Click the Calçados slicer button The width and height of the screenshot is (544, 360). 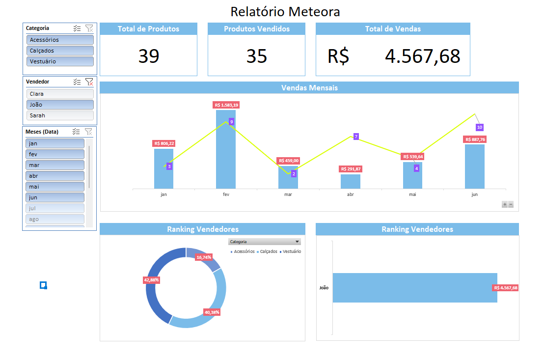click(x=60, y=51)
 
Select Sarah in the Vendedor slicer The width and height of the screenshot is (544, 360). click(x=60, y=115)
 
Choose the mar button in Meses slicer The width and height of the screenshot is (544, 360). click(x=54, y=165)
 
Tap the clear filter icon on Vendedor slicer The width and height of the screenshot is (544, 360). click(x=89, y=82)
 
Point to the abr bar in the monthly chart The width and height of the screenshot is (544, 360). click(x=350, y=181)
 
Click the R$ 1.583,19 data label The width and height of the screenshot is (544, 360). click(x=226, y=105)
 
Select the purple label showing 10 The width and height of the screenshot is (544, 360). click(x=480, y=127)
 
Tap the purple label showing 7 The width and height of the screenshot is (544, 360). click(x=356, y=137)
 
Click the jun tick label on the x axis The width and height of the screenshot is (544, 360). click(x=474, y=194)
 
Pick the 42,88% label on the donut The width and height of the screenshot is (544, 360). click(x=151, y=279)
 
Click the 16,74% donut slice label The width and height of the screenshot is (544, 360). click(x=204, y=257)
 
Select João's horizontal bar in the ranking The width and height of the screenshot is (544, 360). click(x=415, y=287)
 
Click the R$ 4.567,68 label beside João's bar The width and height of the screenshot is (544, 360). click(x=506, y=288)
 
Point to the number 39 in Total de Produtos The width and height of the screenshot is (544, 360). click(x=149, y=56)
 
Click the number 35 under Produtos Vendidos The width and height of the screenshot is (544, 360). click(x=256, y=56)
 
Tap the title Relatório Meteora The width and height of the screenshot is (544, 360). click(x=285, y=11)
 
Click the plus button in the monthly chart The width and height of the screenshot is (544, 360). click(x=504, y=204)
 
